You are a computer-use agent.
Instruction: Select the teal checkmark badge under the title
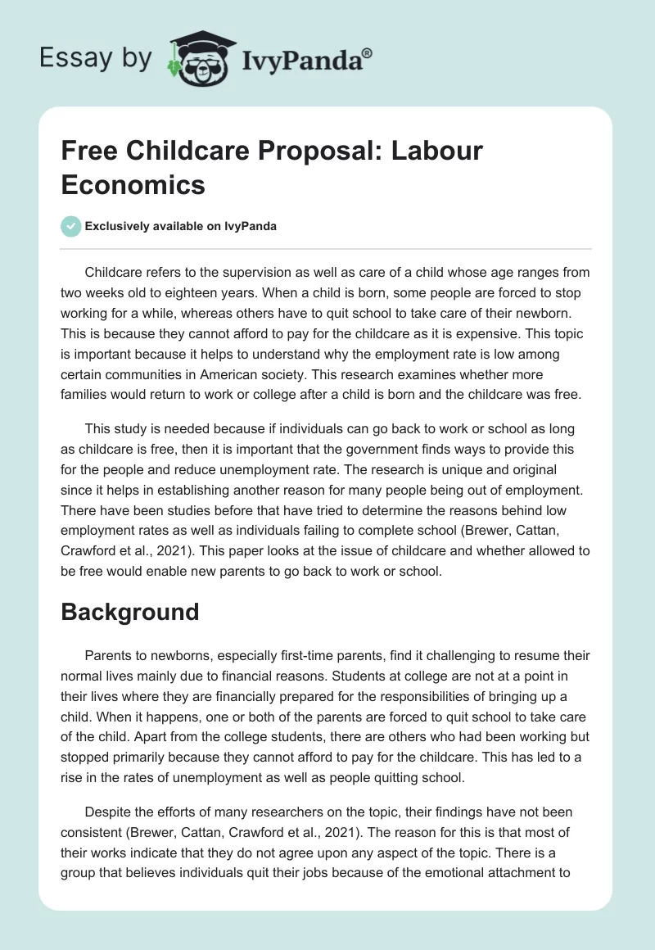click(71, 226)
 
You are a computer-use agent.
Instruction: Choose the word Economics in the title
click(133, 184)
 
